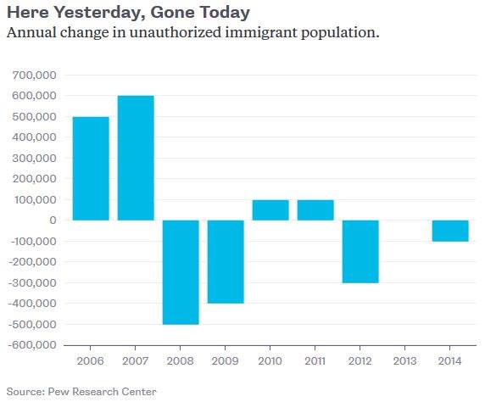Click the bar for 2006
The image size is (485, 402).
91,168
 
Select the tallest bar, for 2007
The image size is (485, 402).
136,158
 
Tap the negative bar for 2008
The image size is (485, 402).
181,271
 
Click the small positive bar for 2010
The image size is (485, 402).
270,209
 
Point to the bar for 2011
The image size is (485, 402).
315,209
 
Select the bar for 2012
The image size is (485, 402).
360,251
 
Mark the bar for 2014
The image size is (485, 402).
450,231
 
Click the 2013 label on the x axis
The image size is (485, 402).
405,360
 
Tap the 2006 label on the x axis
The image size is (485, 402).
91,360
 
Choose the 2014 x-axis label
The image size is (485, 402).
450,360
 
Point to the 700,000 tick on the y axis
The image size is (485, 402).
34,75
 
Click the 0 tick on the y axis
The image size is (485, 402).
53,221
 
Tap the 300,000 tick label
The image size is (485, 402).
34,159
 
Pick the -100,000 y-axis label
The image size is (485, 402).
31,241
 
